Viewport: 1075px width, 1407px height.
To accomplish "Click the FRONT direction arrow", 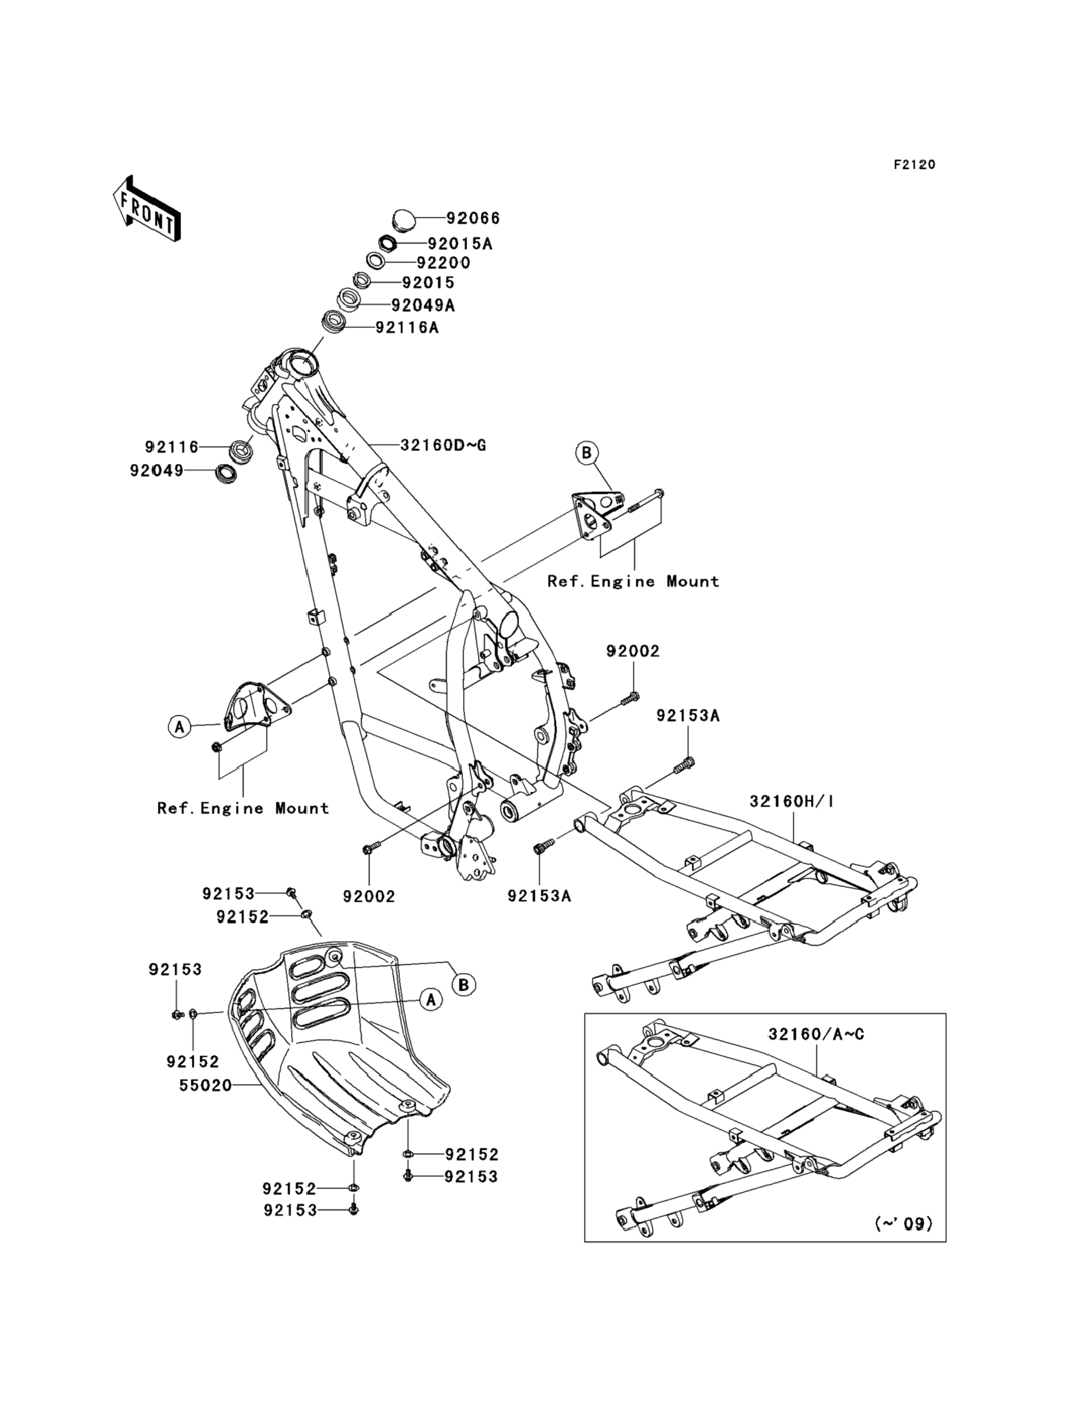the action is point(147,208).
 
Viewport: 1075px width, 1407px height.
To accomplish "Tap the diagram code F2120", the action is point(914,164).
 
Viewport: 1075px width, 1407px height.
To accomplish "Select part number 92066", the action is point(473,218).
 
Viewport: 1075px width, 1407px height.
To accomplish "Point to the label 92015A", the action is point(460,244).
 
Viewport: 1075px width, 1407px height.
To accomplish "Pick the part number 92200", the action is point(443,263).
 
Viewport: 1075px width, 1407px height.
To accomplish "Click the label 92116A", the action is point(407,328).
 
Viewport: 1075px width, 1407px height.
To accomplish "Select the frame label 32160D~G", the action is point(443,444).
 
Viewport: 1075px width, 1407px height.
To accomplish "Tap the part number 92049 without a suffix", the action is point(157,471).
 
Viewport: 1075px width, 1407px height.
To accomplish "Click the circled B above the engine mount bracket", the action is point(586,453).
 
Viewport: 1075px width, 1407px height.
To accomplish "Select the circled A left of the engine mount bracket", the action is point(180,727).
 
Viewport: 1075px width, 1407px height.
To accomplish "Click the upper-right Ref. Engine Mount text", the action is point(633,581).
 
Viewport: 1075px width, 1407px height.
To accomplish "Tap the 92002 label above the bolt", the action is point(633,651).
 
